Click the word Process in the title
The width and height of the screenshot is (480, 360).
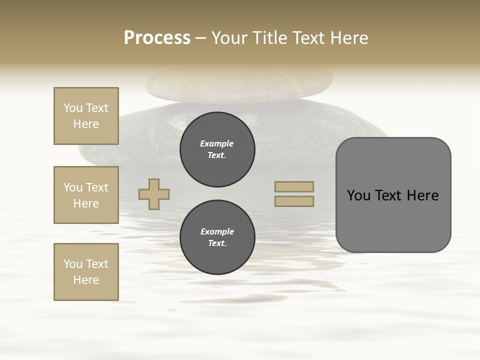point(157,38)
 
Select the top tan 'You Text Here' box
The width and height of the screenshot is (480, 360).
point(86,116)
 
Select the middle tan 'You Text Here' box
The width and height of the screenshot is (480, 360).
point(86,195)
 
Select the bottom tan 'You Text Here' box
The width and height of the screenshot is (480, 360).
point(86,272)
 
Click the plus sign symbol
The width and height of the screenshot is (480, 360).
point(154,194)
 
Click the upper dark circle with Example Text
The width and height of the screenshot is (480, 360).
point(217,149)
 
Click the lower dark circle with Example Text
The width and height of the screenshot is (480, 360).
point(217,237)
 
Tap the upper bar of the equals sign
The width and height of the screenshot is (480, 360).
point(294,186)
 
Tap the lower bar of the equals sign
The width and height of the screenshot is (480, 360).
point(294,201)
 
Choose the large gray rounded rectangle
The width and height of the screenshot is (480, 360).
point(393,194)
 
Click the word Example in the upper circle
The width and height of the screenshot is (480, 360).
point(216,143)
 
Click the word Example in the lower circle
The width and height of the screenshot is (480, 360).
point(217,231)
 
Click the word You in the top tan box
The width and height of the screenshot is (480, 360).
point(73,108)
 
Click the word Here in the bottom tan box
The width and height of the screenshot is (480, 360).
point(86,280)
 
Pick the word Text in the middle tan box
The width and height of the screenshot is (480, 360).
point(97,187)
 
